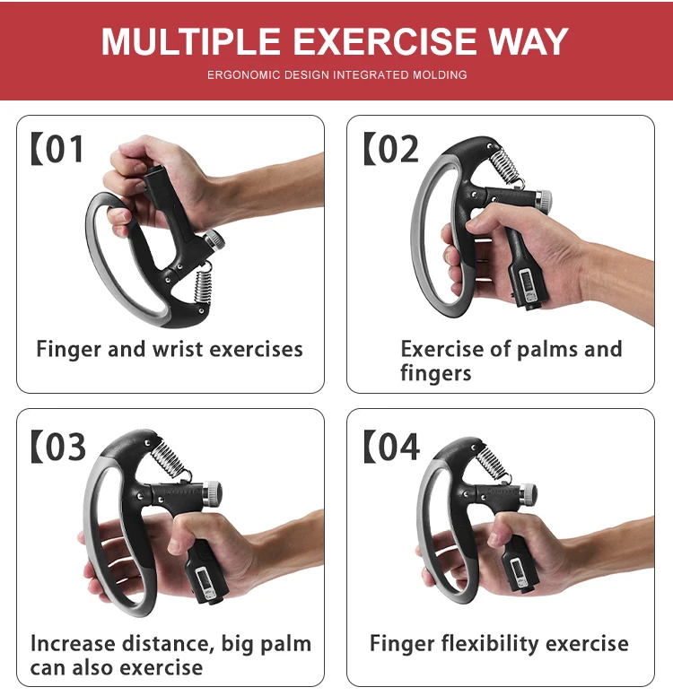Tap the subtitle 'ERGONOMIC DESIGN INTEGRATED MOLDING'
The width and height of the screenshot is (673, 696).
(336, 75)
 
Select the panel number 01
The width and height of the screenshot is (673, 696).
(64, 149)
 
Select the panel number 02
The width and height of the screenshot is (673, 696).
(397, 149)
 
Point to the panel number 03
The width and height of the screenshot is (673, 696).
(64, 447)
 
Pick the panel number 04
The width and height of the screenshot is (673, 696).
(397, 447)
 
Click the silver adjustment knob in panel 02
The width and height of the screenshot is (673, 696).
(543, 199)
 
